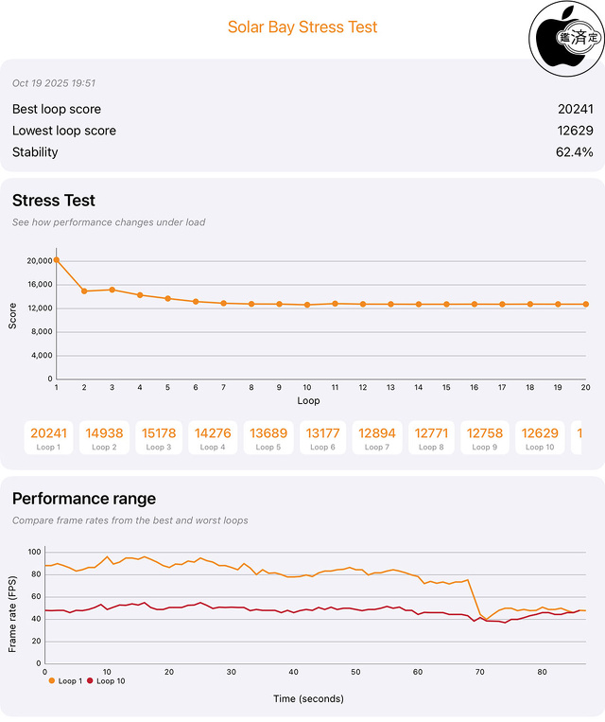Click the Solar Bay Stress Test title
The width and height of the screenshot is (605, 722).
click(x=302, y=26)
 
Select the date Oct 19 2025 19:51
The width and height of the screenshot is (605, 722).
click(x=54, y=83)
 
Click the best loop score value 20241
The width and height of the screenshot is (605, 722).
click(x=575, y=109)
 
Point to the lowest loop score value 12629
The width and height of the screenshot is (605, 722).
click(x=575, y=131)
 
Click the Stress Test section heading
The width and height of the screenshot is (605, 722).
click(x=54, y=201)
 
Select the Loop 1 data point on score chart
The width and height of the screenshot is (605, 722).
click(x=57, y=259)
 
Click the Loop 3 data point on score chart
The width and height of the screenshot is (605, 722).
click(x=112, y=290)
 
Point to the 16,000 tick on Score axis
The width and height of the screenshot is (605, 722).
click(x=38, y=285)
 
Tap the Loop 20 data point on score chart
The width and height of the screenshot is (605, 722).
click(x=586, y=304)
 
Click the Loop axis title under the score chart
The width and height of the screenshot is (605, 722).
click(x=309, y=400)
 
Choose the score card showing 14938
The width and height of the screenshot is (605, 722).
click(x=104, y=437)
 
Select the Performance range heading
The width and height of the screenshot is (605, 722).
click(x=84, y=499)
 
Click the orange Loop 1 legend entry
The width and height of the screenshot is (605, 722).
click(x=64, y=680)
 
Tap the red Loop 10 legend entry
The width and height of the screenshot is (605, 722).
click(x=107, y=680)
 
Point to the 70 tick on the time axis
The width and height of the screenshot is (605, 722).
click(x=480, y=672)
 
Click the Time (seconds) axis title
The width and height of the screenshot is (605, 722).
click(x=309, y=698)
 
